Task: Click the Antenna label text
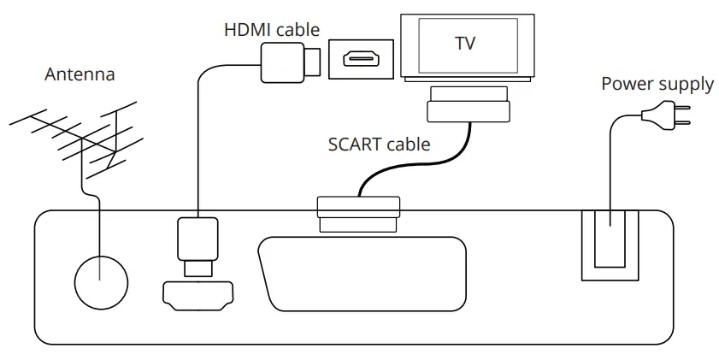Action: coord(80,74)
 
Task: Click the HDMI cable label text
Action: coord(271,30)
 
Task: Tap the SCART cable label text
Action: coord(379,144)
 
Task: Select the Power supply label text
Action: coord(657,84)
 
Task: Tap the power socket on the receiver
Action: coord(610,245)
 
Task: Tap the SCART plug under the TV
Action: coord(469,103)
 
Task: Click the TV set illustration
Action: coord(467,47)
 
